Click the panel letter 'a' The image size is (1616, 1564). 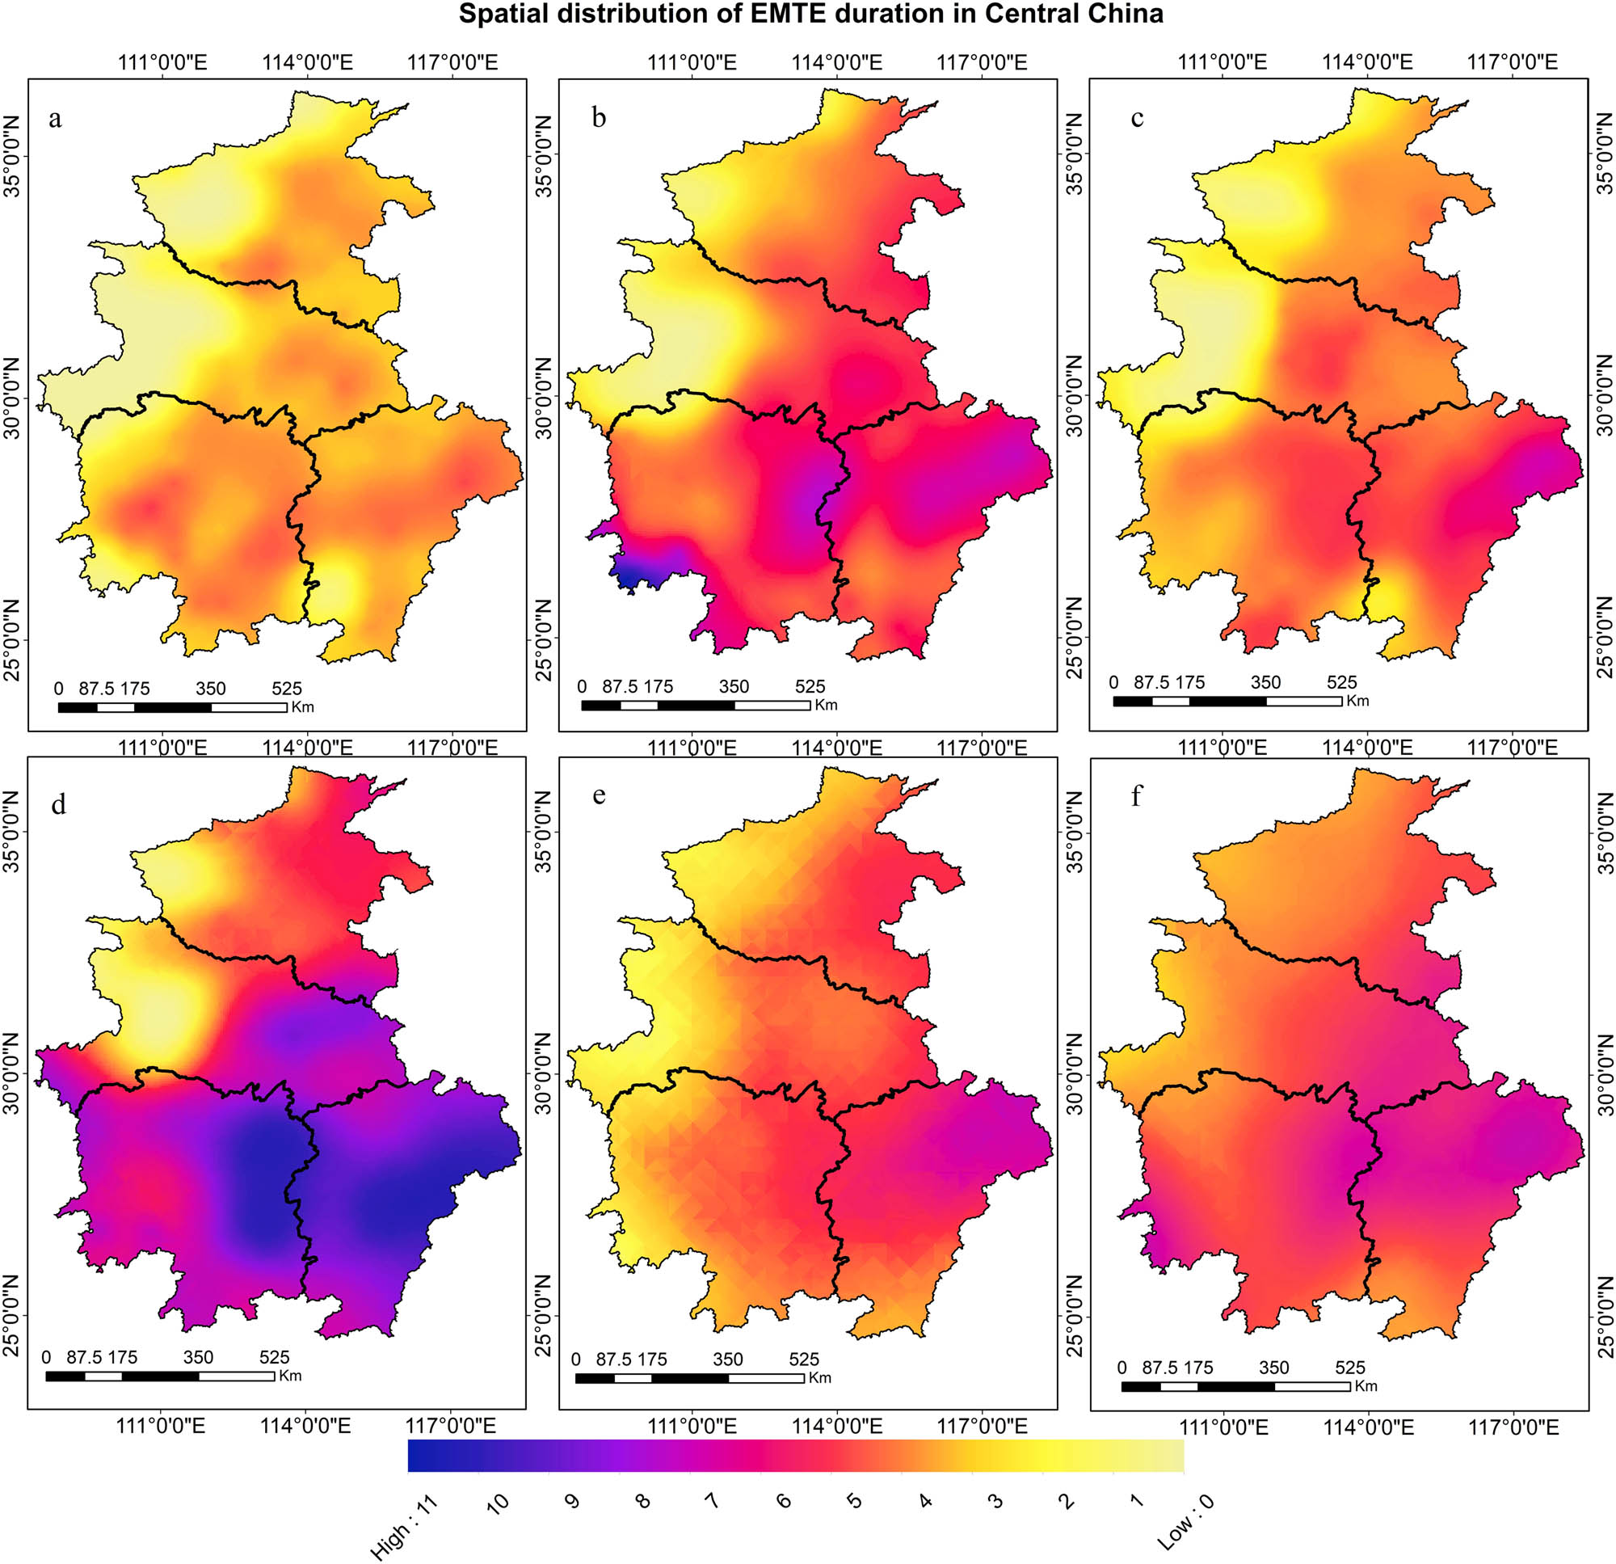54,120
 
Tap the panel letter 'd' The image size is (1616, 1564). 57,804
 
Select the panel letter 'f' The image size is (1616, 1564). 1137,796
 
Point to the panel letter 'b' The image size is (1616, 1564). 599,118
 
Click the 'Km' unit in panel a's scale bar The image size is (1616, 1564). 302,707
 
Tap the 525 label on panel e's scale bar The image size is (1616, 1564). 804,1360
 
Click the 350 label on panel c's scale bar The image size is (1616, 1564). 1265,682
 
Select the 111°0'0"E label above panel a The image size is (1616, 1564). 162,62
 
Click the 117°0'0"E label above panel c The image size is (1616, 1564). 1512,62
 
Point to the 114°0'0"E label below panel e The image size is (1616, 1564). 838,1427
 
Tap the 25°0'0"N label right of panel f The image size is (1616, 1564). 1605,1315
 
